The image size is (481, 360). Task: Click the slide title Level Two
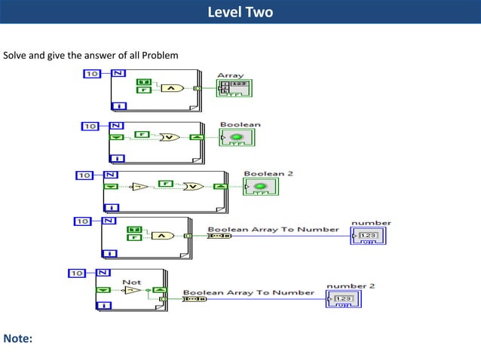pyautogui.click(x=240, y=12)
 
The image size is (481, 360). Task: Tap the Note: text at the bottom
pyautogui.click(x=18, y=338)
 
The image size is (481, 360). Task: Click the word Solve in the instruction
pyautogui.click(x=16, y=56)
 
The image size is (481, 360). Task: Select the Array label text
pyautogui.click(x=230, y=75)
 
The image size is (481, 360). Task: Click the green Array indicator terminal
pyautogui.click(x=234, y=89)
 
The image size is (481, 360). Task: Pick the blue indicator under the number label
pyautogui.click(x=369, y=236)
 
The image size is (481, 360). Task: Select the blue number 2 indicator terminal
pyautogui.click(x=344, y=299)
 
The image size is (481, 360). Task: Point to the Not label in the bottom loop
pyautogui.click(x=131, y=282)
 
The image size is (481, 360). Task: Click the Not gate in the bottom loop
pyautogui.click(x=133, y=289)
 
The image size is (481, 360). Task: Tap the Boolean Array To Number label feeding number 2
pyautogui.click(x=249, y=292)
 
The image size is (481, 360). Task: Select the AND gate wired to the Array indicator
pyautogui.click(x=172, y=87)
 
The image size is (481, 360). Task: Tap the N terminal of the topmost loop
pyautogui.click(x=118, y=73)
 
